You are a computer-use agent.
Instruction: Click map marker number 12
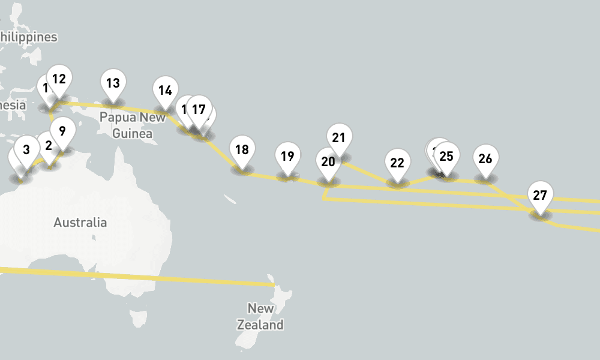pos(59,79)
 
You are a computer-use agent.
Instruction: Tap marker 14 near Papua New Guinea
pos(165,91)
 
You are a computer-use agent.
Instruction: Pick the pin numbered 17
pos(199,110)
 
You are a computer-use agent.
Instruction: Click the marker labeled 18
pos(242,150)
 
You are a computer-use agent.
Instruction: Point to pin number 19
pos(287,157)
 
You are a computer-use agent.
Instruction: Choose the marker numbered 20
pos(328,162)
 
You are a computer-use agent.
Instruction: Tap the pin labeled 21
pos(339,138)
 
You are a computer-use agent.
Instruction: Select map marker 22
pos(397,163)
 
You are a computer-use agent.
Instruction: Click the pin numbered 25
pos(446,157)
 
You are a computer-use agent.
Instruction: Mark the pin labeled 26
pos(485,159)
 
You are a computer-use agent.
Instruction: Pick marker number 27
pos(540,196)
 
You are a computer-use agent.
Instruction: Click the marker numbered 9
pos(62,130)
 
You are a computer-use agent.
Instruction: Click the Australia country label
pos(80,223)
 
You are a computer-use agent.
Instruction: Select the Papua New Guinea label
pos(132,125)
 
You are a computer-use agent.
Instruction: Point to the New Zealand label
pos(260,317)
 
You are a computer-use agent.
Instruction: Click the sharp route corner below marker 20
pos(324,199)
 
